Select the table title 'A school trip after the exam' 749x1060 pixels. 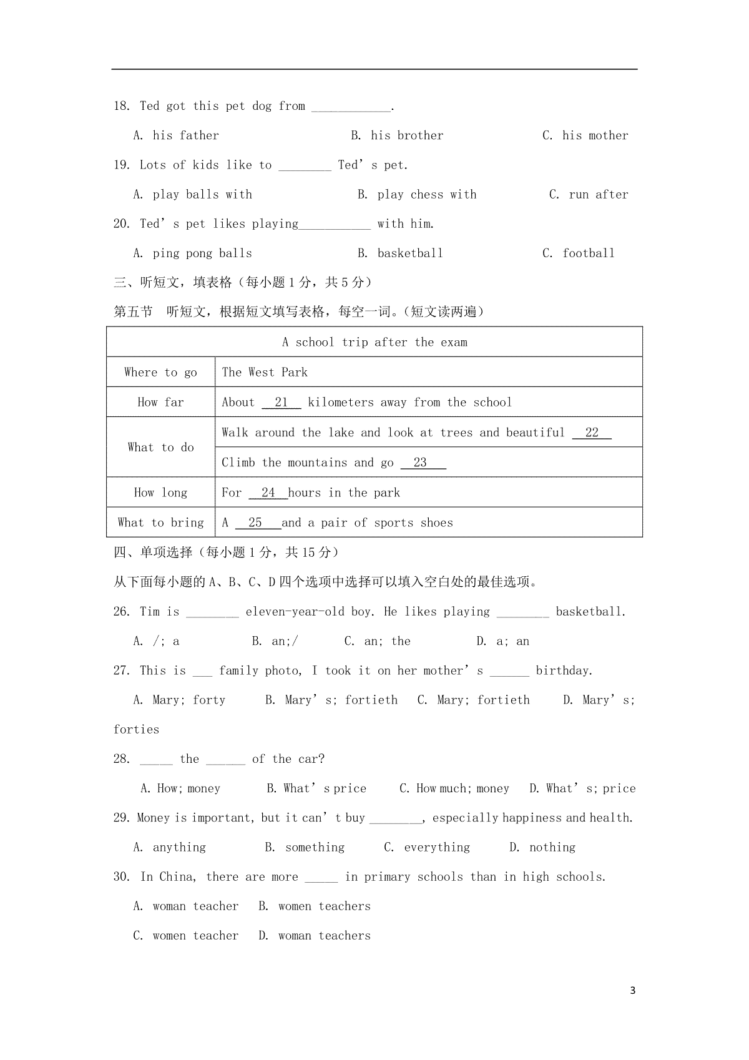click(374, 342)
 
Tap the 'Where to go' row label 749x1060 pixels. click(160, 373)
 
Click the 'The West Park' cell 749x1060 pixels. click(265, 373)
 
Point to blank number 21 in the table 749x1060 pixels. click(281, 403)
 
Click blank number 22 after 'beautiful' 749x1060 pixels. click(592, 433)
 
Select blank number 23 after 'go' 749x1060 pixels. click(421, 463)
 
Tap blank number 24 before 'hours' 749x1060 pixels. click(268, 493)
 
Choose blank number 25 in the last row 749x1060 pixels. click(256, 523)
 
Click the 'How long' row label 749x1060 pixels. click(160, 493)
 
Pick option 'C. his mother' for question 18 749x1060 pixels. click(585, 135)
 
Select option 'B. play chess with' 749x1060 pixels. click(417, 195)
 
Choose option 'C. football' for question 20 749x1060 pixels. click(579, 253)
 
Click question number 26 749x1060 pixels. click(122, 612)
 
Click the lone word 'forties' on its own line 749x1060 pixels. click(136, 729)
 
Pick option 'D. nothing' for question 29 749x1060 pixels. click(542, 847)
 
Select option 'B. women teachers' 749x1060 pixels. click(315, 906)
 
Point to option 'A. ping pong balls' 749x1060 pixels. click(193, 253)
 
